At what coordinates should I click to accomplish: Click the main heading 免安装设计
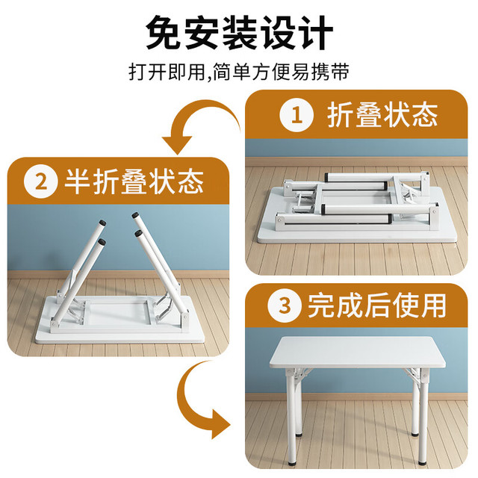239,32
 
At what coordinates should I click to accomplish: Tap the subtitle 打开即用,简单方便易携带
239,72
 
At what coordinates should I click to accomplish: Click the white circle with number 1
297,116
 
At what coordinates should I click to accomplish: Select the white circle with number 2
41,181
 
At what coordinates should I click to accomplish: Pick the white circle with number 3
285,305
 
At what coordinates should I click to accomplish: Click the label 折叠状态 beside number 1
382,115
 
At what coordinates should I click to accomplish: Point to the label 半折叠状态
134,181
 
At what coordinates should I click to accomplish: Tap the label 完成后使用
377,305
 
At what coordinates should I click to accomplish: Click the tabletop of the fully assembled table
357,352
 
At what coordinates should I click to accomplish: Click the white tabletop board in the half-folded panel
121,320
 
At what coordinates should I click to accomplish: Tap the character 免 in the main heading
164,32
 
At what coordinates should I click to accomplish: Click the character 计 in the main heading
316,32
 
